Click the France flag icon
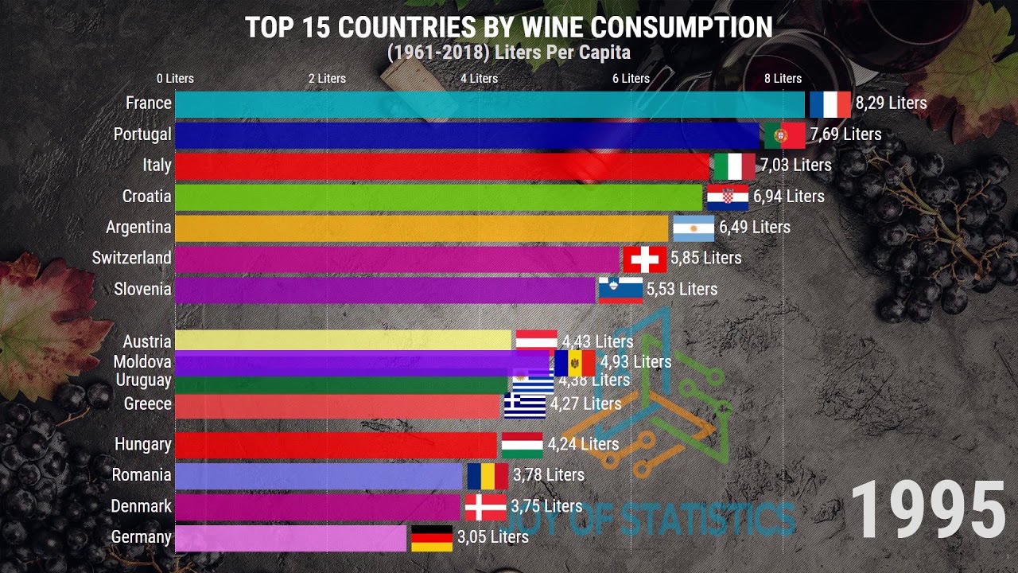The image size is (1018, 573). pos(830,104)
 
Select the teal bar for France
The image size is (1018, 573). pos(489,104)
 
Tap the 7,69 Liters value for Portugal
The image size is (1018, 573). pos(846,134)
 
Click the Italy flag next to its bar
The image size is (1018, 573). pos(734,166)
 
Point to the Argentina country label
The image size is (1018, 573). pos(138,228)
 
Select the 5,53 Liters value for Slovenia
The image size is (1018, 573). pos(682,290)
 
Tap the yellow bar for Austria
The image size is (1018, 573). pos(342,340)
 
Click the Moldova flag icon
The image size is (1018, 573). pos(574,363)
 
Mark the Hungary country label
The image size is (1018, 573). pos(143,444)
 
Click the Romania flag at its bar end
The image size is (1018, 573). pos(488,476)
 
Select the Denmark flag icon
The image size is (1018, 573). pos(485,507)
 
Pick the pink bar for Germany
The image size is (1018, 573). pos(290,538)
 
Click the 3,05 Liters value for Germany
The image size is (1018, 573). pos(493,537)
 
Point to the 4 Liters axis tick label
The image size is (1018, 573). pos(479,79)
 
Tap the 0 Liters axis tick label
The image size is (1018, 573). pos(175,79)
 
